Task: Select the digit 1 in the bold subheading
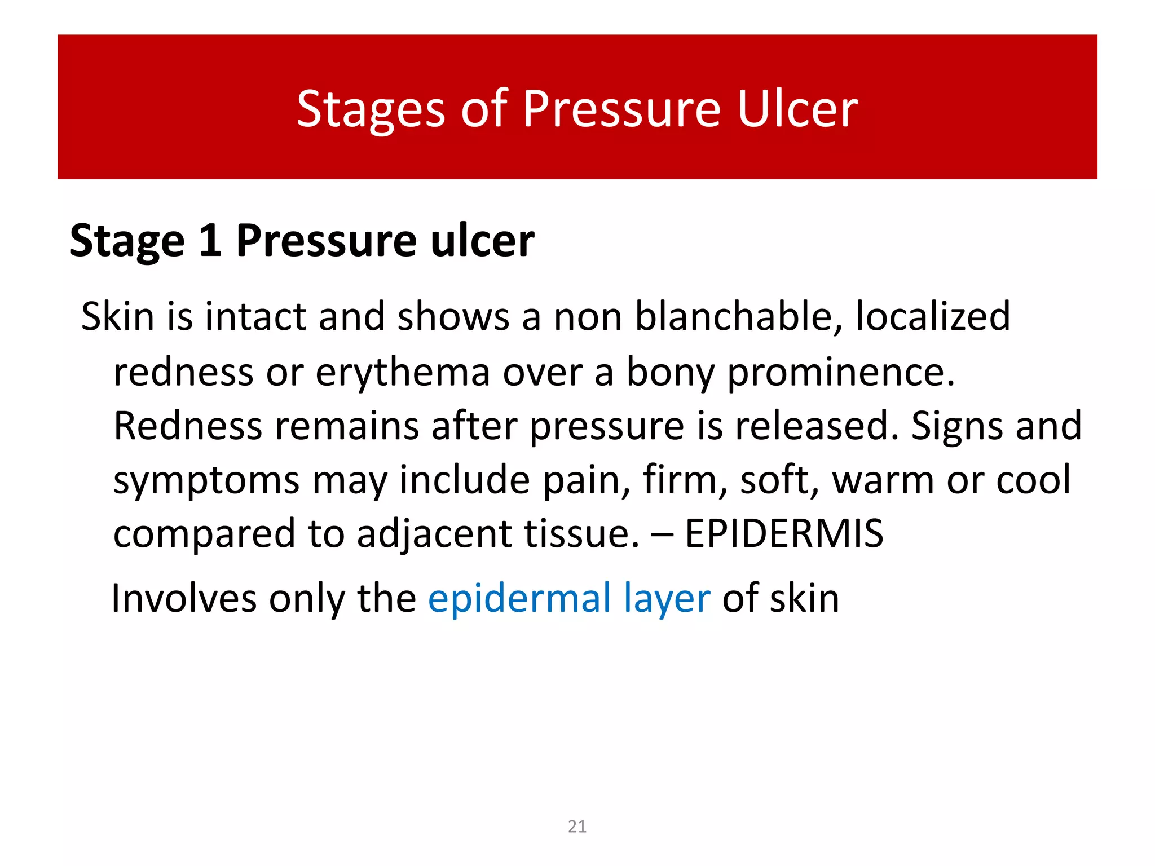coord(210,241)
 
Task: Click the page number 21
coord(577,827)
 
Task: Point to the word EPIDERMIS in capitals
coord(783,533)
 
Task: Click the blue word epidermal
coord(519,598)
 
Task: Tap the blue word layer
coord(667,599)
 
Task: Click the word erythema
coord(403,373)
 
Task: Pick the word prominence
coord(841,373)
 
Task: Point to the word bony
coord(671,373)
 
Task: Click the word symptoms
coord(206,481)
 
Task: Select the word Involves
coord(184,598)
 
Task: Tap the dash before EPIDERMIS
coord(662,533)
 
